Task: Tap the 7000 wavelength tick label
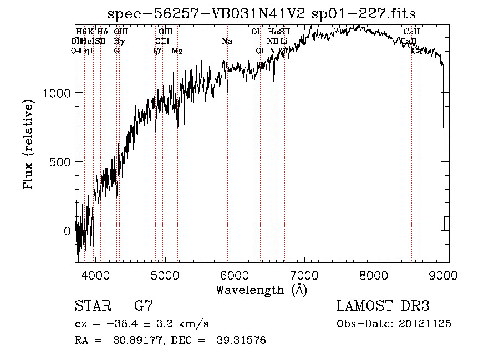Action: pos(304,275)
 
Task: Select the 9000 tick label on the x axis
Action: pos(444,275)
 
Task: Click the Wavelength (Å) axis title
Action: pos(261,290)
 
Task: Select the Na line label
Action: pos(227,42)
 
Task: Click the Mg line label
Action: pos(177,51)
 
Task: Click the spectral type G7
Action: pos(144,306)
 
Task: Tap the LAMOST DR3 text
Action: pos(383,306)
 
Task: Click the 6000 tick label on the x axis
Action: pos(235,275)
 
